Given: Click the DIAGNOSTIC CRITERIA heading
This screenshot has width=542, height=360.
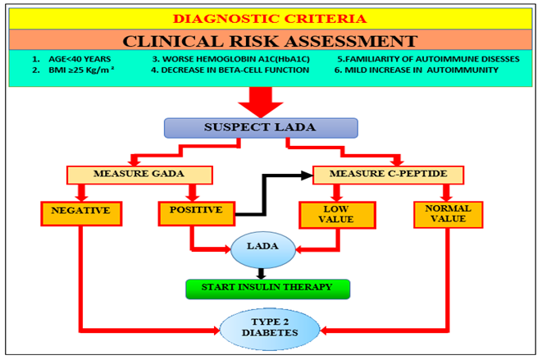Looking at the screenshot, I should (x=271, y=18).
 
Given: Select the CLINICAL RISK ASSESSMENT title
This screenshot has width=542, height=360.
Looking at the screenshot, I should (x=271, y=40).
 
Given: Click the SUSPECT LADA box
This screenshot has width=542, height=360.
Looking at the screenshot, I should (x=260, y=127).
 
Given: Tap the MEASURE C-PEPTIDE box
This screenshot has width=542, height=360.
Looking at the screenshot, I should (x=388, y=175).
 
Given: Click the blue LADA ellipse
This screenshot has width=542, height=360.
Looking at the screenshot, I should (x=260, y=247).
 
